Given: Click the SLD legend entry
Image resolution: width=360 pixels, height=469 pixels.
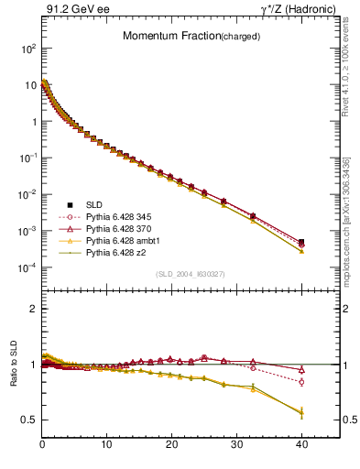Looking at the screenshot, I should [x=95, y=203].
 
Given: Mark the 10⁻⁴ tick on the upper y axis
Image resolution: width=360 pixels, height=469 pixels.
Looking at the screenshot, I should [x=27, y=267].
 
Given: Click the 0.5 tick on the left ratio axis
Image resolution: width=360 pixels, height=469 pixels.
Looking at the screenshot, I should [x=28, y=420].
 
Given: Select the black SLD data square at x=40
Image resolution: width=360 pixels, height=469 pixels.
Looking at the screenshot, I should [x=301, y=242].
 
